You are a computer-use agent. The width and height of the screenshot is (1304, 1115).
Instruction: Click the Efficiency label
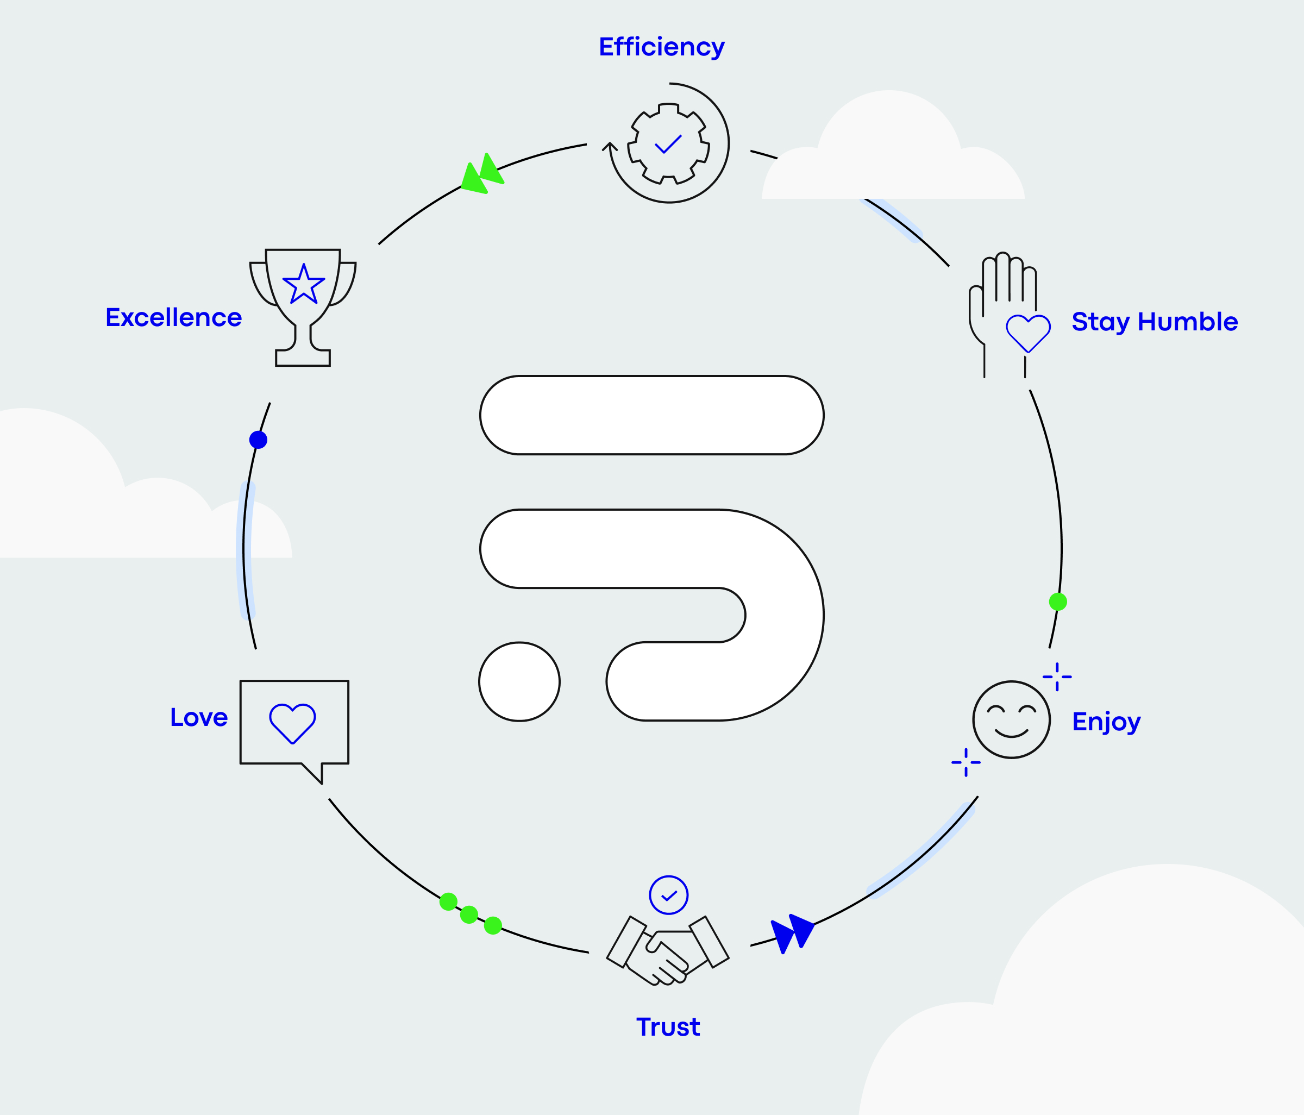pos(661,47)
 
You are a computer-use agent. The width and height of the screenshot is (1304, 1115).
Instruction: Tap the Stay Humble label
pos(1155,322)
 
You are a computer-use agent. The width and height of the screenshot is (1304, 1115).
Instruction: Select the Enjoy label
pos(1106,721)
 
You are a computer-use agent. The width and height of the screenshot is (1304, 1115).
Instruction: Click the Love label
pos(199,717)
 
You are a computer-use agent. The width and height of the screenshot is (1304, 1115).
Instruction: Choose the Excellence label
pos(174,318)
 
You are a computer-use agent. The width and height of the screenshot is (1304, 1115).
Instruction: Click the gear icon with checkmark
pos(668,143)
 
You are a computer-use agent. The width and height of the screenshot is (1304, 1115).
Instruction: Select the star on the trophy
pos(304,284)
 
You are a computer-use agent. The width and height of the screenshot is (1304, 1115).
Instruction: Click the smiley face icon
pos(1011,720)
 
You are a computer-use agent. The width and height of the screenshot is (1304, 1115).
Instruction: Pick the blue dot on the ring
pos(258,440)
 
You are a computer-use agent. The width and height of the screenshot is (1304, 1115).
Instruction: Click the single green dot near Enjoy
pos(1058,602)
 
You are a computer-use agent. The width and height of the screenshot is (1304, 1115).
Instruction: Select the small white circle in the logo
pos(519,681)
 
